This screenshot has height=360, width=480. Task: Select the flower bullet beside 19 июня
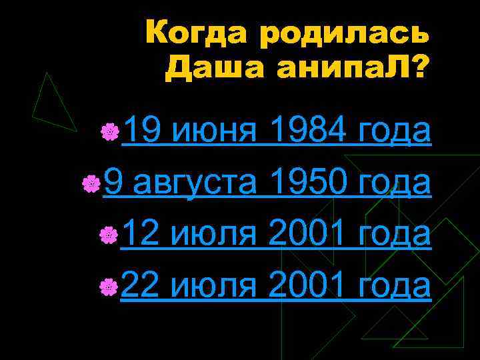[x=111, y=131]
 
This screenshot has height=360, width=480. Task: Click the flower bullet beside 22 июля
[x=111, y=286]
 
